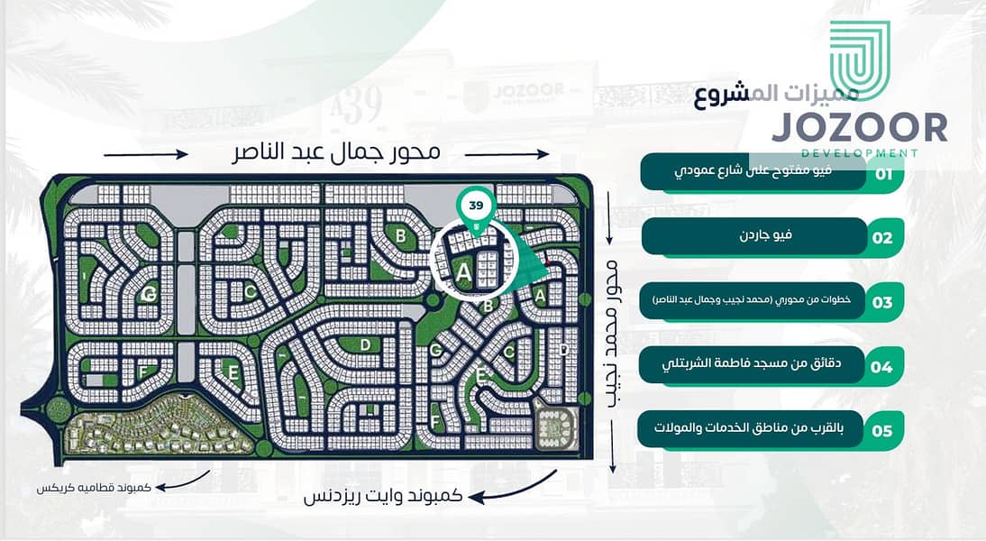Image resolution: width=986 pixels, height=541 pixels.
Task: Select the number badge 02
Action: (x=882, y=239)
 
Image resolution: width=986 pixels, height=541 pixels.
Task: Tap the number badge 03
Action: (x=882, y=302)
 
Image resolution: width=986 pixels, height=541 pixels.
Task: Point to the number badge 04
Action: (x=881, y=367)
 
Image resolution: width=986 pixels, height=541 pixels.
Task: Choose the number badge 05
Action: (x=881, y=431)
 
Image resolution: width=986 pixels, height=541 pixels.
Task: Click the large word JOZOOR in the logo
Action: (x=859, y=127)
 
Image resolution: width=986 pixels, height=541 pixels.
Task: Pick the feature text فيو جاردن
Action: (x=774, y=235)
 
